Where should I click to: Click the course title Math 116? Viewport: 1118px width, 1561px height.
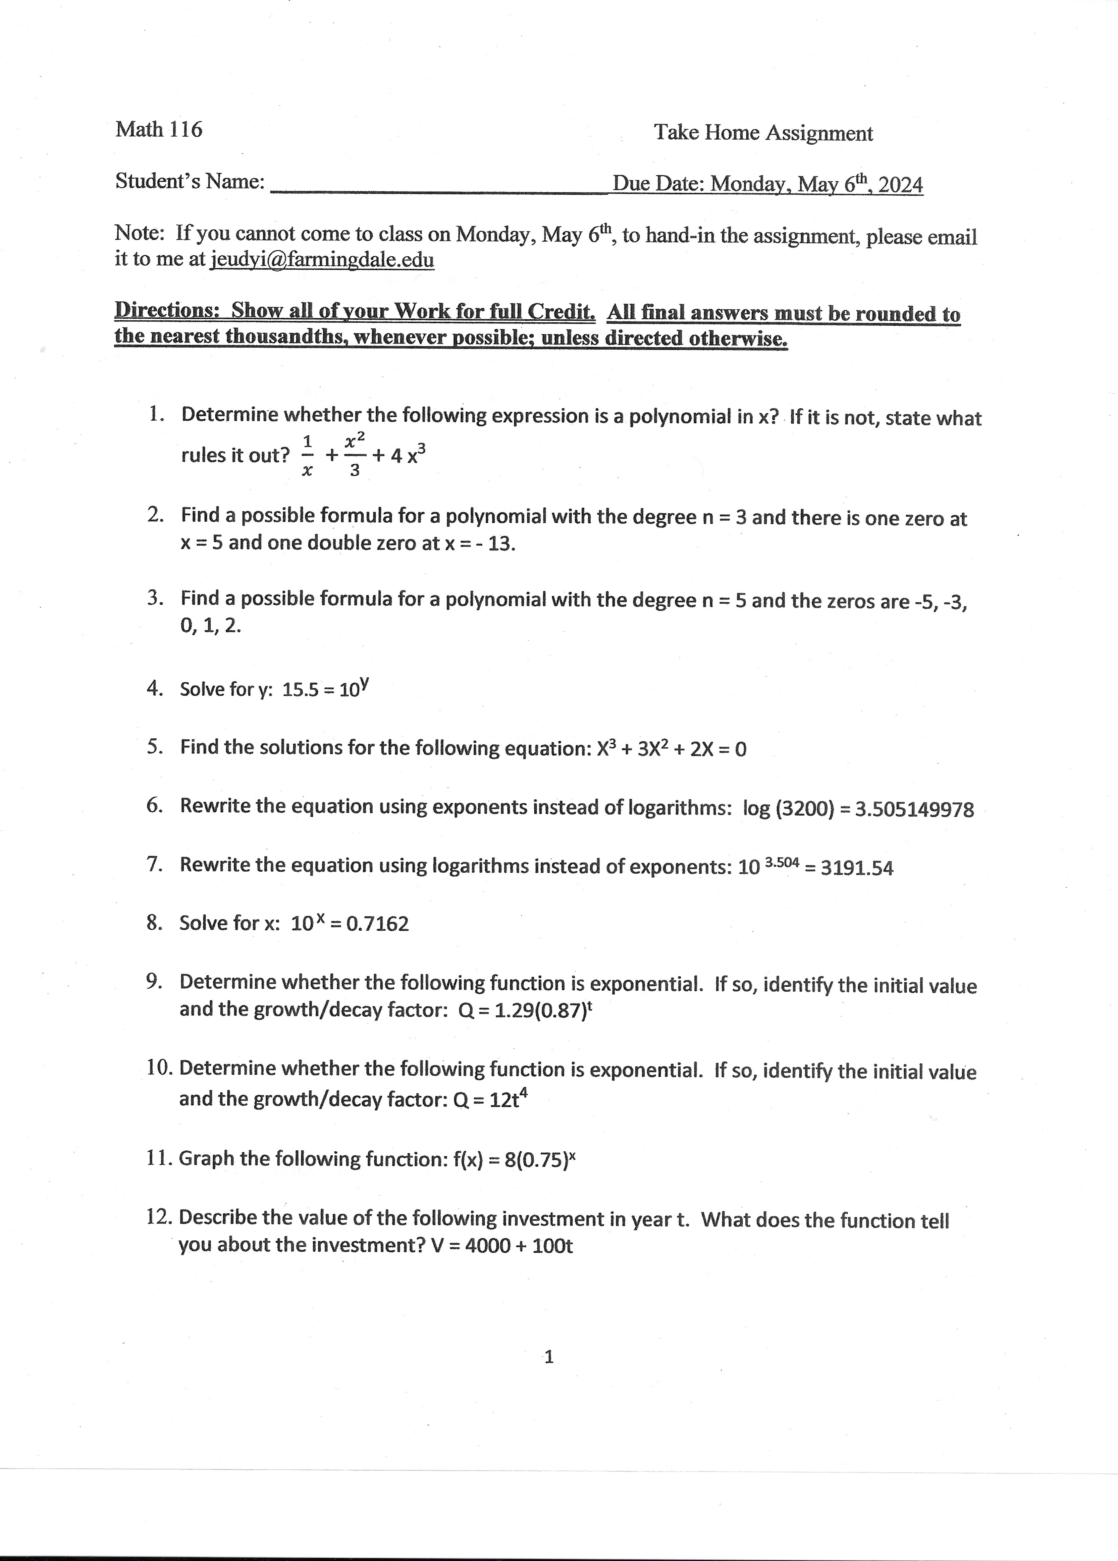click(x=159, y=129)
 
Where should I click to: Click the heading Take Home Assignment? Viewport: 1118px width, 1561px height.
click(x=763, y=133)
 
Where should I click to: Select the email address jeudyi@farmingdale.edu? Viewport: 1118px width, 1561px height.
click(x=322, y=260)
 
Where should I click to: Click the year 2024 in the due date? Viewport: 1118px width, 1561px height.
click(x=900, y=185)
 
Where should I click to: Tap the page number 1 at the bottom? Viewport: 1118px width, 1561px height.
click(x=548, y=1357)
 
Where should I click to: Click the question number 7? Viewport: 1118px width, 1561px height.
click(x=154, y=865)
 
